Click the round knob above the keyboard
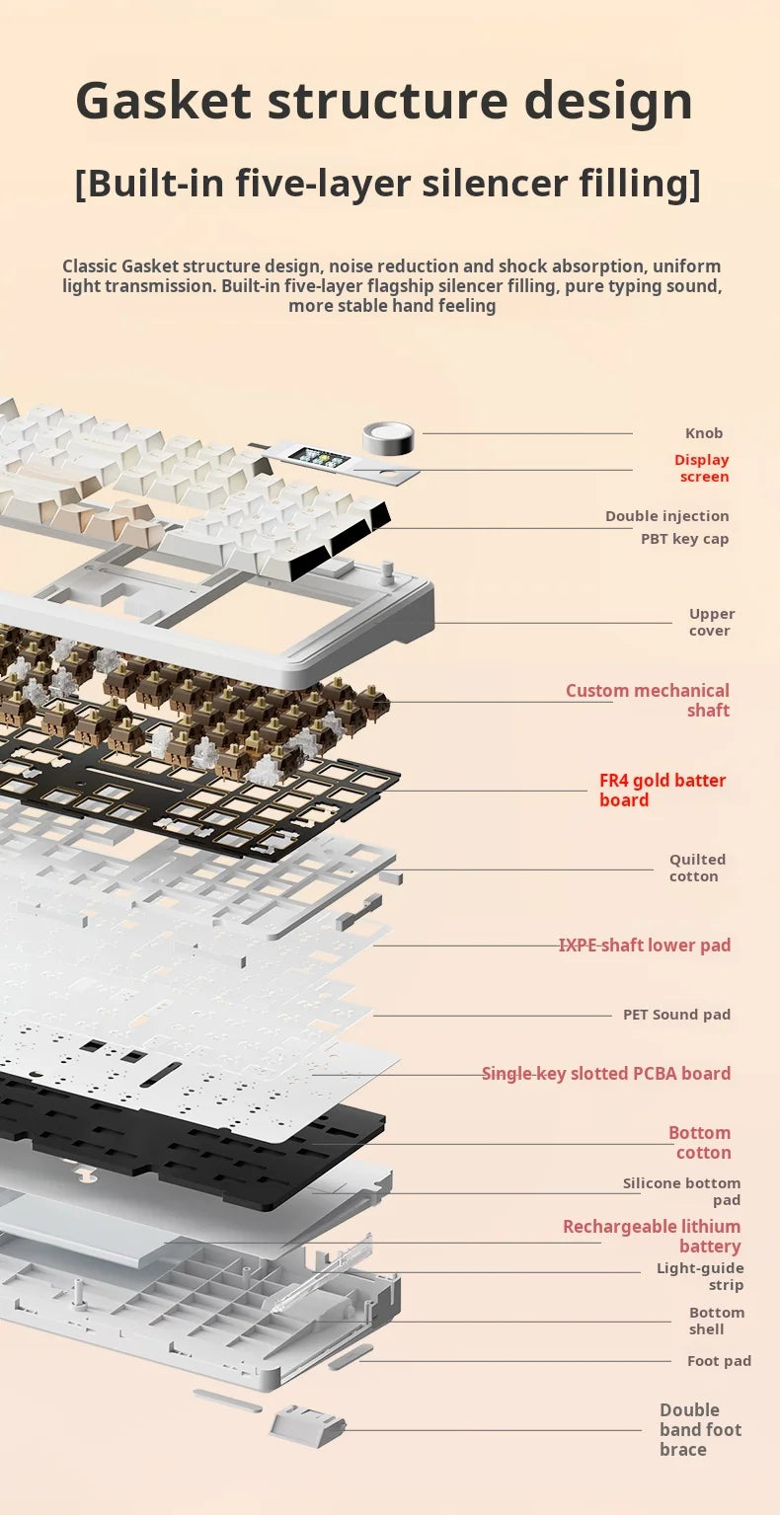388,437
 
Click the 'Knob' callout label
704,433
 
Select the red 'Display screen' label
702,468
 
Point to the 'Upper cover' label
711,622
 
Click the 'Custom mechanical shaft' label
648,700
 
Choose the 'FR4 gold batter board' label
663,790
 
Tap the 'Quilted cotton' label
697,868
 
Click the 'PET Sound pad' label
676,1014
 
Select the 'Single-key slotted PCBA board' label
606,1074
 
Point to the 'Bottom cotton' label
699,1142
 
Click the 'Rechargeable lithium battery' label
652,1236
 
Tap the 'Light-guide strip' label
699,1276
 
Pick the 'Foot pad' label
719,1361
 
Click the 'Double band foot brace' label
700,1429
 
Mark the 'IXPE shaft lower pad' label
645,945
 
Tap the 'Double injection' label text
667,516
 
